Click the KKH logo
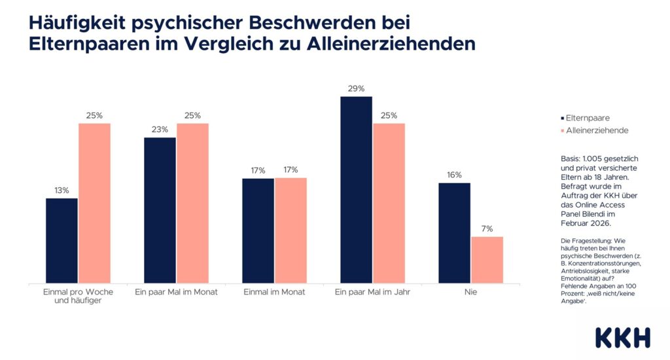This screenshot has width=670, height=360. [622, 337]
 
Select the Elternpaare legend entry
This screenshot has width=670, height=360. [586, 118]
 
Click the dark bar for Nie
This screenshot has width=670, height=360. [454, 232]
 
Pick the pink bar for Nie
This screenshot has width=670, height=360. [487, 259]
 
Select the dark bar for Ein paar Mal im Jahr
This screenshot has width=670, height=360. [356, 190]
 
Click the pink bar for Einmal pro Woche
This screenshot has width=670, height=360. [94, 203]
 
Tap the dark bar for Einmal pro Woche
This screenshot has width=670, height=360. [62, 240]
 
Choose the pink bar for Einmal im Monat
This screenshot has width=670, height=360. [291, 230]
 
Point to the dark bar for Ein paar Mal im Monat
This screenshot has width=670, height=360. [160, 210]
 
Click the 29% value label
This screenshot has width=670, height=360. [356, 88]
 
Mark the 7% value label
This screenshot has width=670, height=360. [487, 228]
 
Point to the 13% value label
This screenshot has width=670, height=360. [62, 190]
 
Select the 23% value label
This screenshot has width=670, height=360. [160, 130]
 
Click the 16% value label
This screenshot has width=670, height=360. [454, 175]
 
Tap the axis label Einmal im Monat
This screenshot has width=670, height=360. [274, 292]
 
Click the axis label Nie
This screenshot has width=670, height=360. [470, 292]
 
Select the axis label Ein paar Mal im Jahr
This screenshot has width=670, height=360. [372, 292]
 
